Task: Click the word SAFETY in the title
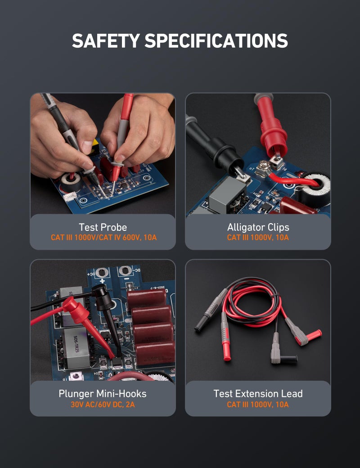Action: tap(105, 41)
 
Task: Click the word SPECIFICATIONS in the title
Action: tap(216, 41)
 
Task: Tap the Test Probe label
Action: tap(103, 227)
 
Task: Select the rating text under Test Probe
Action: tap(103, 238)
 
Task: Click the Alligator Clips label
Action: tap(258, 227)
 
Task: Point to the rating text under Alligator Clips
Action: tap(258, 238)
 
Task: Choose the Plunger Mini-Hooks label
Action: tap(103, 394)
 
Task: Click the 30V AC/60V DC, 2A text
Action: tap(103, 405)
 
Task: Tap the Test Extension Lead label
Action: tap(258, 394)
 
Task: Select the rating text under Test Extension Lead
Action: tap(258, 405)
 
